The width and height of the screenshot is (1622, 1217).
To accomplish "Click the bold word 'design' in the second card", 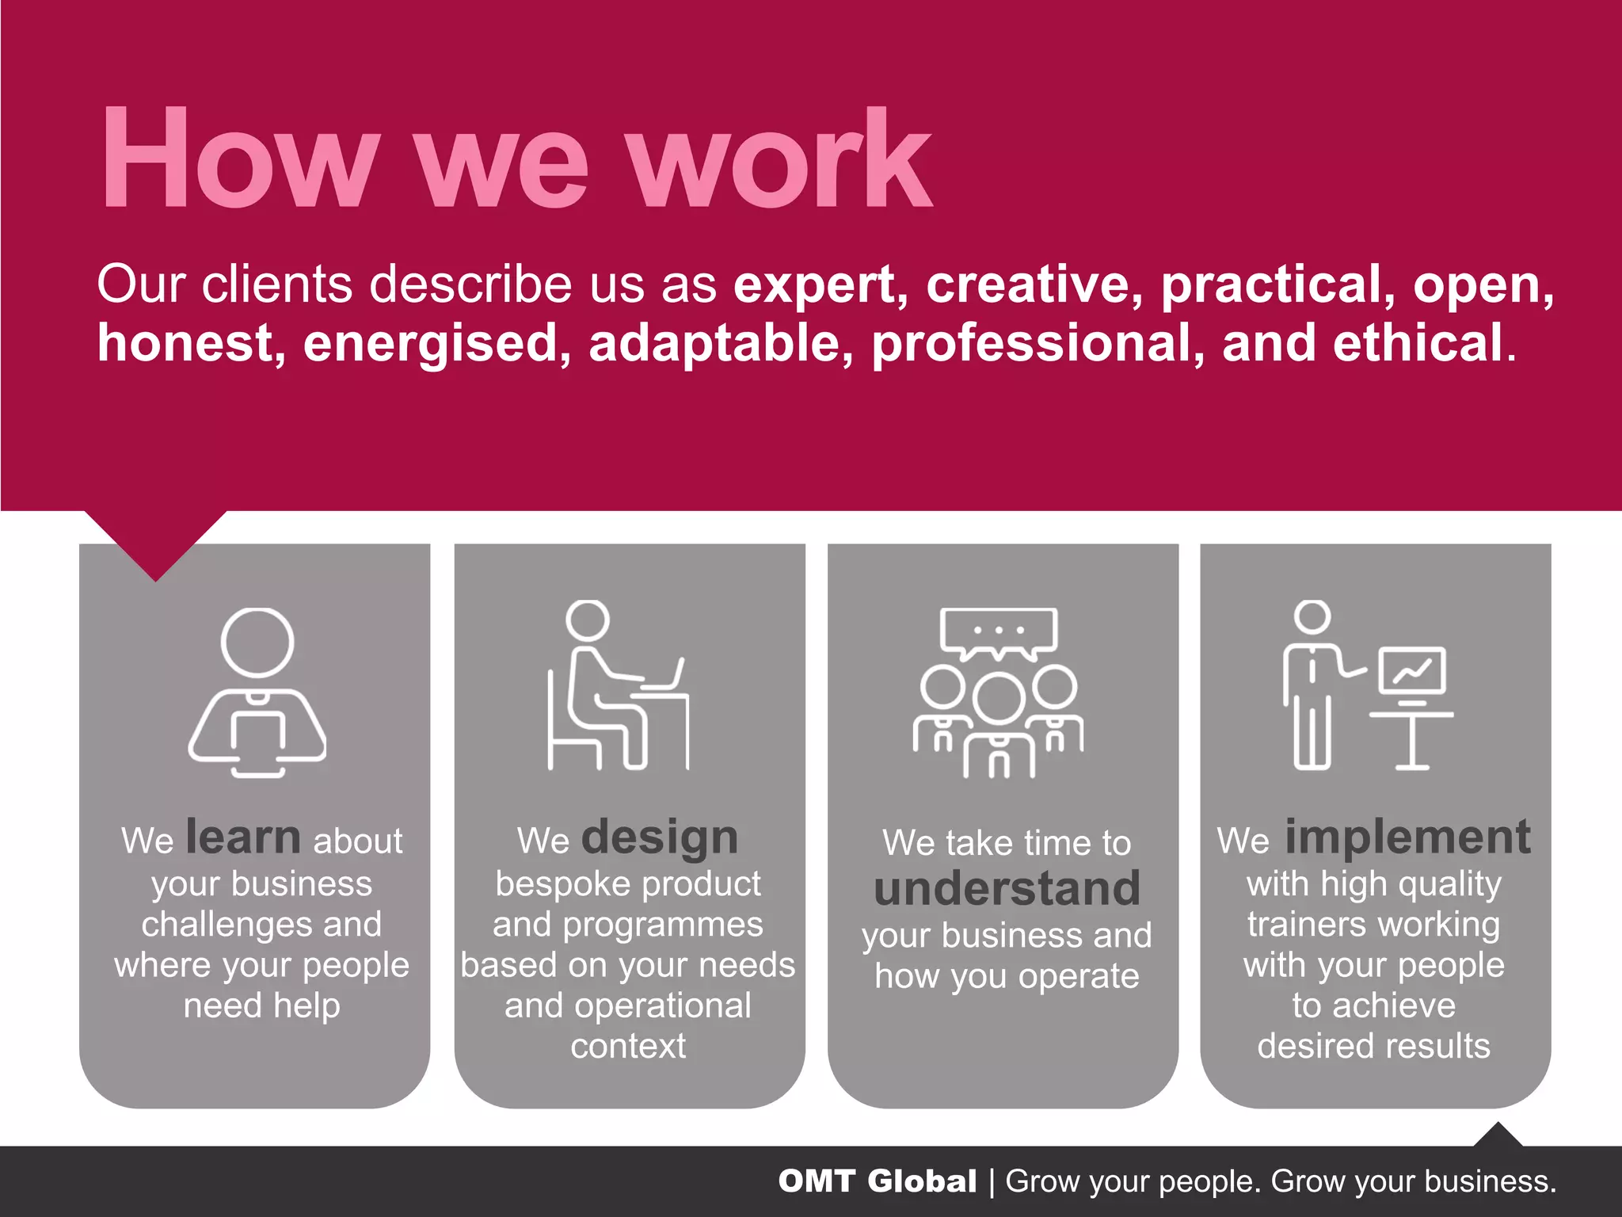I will click(x=659, y=838).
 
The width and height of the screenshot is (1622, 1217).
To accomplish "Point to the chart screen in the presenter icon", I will click(x=1412, y=670).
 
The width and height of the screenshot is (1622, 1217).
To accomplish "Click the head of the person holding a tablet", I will click(x=257, y=643).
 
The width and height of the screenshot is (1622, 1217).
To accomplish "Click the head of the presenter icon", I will click(x=1312, y=616).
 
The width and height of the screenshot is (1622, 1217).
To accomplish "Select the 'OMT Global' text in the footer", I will click(x=877, y=1181).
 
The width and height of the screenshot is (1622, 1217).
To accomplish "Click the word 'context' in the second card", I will click(x=628, y=1046).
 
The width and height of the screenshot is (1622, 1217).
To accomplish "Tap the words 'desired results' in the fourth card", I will click(x=1374, y=1046).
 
